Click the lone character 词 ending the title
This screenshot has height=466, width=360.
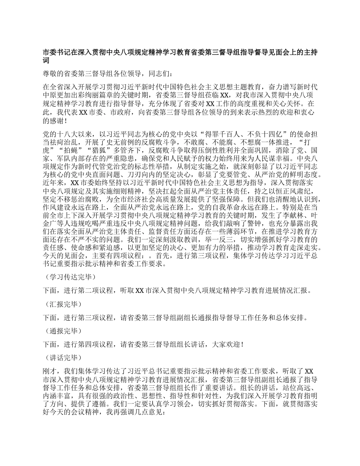47,61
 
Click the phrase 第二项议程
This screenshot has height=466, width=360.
94,291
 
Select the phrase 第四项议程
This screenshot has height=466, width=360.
94,344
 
